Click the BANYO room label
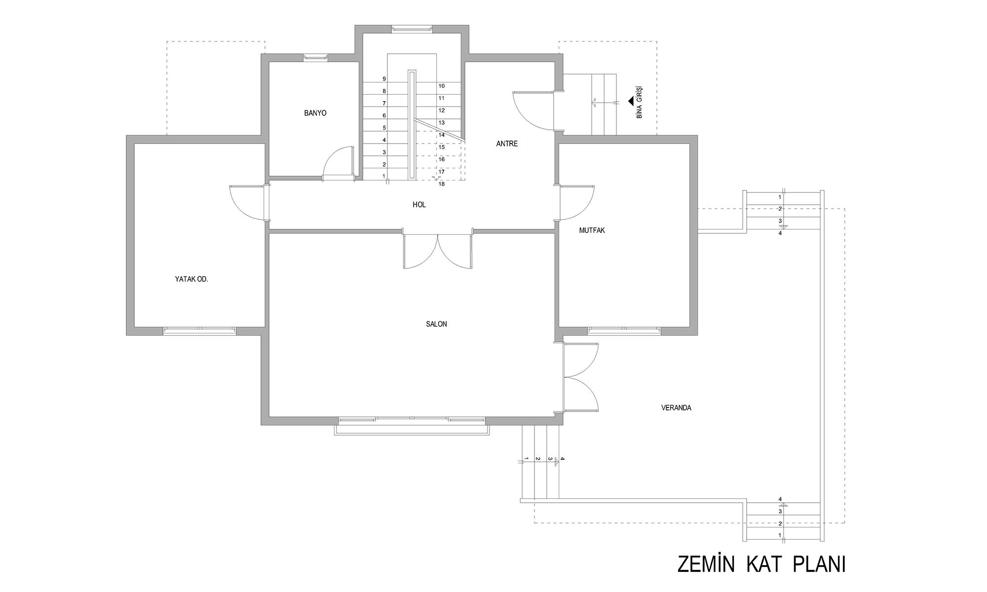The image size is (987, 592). pyautogui.click(x=315, y=113)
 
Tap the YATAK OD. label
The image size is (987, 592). pyautogui.click(x=191, y=279)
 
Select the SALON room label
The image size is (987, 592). pyautogui.click(x=436, y=324)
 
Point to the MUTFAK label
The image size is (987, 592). pyautogui.click(x=592, y=230)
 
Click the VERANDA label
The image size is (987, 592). pyautogui.click(x=676, y=408)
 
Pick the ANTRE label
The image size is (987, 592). pyautogui.click(x=507, y=144)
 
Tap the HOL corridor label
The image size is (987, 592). pyautogui.click(x=419, y=205)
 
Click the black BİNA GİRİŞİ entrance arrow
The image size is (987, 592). pyautogui.click(x=631, y=101)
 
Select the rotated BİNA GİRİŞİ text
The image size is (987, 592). pyautogui.click(x=640, y=102)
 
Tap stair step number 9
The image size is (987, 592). pyautogui.click(x=384, y=79)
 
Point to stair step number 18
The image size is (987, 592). pyautogui.click(x=441, y=184)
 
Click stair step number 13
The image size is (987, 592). pyautogui.click(x=441, y=123)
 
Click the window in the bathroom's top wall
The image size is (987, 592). pyautogui.click(x=315, y=58)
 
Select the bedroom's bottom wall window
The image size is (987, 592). pyautogui.click(x=200, y=331)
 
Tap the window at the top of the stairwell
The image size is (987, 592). pyautogui.click(x=412, y=29)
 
